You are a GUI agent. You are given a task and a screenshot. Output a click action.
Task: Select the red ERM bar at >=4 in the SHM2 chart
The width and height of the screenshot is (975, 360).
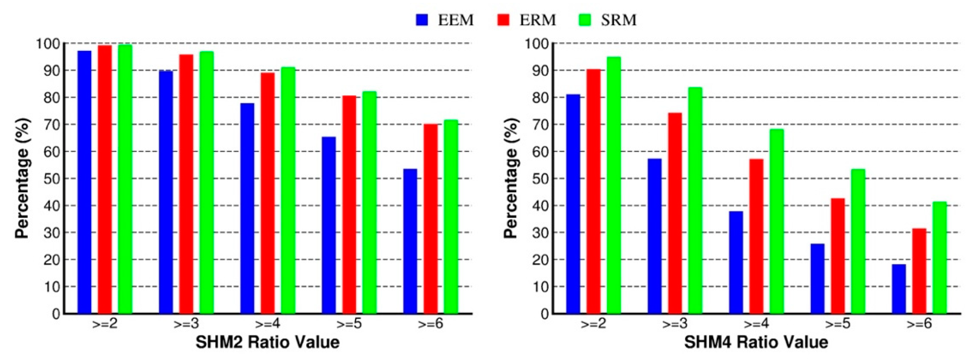click(x=268, y=193)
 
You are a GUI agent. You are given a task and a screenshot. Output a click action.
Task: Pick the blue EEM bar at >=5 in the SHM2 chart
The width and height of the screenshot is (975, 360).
click(x=329, y=225)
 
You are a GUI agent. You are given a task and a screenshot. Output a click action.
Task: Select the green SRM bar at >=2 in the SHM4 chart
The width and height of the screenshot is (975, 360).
click(x=614, y=185)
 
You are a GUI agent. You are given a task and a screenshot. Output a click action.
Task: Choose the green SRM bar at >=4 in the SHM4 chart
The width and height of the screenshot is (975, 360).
click(x=777, y=221)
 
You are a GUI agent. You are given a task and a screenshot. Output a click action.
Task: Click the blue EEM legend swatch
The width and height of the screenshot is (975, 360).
click(x=422, y=20)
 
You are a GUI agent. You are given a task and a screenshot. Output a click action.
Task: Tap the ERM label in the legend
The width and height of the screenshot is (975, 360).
click(x=538, y=20)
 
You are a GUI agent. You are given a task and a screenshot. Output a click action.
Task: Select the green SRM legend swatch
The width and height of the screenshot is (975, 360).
click(x=585, y=20)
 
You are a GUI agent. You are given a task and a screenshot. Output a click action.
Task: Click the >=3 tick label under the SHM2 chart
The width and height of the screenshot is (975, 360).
click(x=186, y=324)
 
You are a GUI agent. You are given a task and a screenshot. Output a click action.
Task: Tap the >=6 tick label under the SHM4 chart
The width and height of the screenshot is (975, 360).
click(x=919, y=324)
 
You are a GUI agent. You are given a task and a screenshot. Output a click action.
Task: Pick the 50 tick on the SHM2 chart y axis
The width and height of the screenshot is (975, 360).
click(x=52, y=178)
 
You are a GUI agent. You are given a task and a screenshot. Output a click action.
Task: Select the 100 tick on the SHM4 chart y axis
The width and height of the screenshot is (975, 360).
click(x=536, y=43)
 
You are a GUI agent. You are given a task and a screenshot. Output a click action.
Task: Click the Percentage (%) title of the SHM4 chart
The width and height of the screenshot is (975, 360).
click(x=511, y=178)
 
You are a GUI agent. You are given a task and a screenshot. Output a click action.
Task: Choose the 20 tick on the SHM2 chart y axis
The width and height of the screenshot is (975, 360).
click(x=52, y=260)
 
